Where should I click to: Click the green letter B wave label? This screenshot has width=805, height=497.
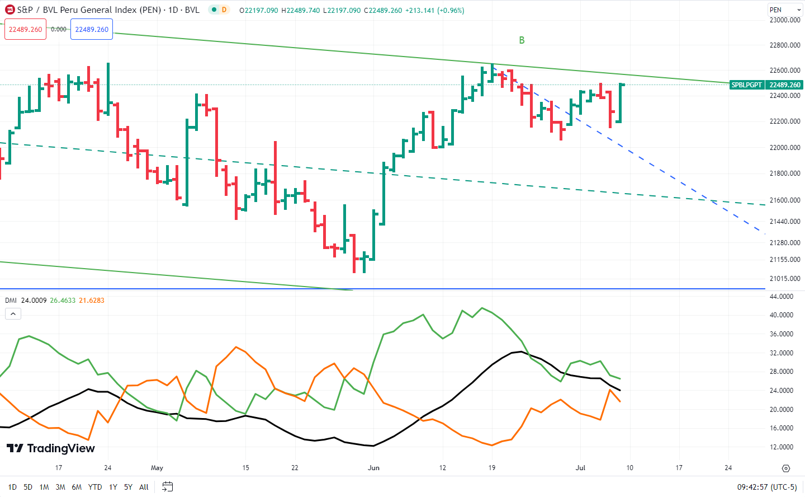click(x=522, y=40)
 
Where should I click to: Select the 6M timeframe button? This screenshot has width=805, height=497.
click(x=77, y=487)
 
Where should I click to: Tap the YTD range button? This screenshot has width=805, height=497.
click(x=95, y=487)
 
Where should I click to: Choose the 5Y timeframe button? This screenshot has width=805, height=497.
click(x=128, y=487)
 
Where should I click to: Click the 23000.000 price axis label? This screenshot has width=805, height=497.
click(x=785, y=20)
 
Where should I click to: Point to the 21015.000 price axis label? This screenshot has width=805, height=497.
click(x=785, y=279)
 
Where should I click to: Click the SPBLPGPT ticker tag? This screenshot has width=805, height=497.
click(x=746, y=85)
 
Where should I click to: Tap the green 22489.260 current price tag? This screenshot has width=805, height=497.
click(x=785, y=85)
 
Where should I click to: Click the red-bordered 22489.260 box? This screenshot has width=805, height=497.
click(x=26, y=30)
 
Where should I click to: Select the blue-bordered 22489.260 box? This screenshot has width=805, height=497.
click(x=92, y=30)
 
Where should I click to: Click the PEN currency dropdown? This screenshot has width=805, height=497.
click(x=784, y=10)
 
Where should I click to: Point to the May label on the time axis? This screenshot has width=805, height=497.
click(x=157, y=468)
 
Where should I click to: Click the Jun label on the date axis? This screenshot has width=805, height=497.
click(x=374, y=468)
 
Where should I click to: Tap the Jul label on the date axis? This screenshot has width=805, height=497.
click(x=580, y=468)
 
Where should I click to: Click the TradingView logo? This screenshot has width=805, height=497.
click(x=51, y=448)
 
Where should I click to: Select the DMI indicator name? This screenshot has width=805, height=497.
click(x=11, y=301)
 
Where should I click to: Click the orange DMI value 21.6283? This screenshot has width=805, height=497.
click(x=92, y=301)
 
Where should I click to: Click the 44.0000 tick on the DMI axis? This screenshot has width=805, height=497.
click(x=782, y=297)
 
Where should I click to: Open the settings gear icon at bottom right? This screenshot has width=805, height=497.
click(x=786, y=468)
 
